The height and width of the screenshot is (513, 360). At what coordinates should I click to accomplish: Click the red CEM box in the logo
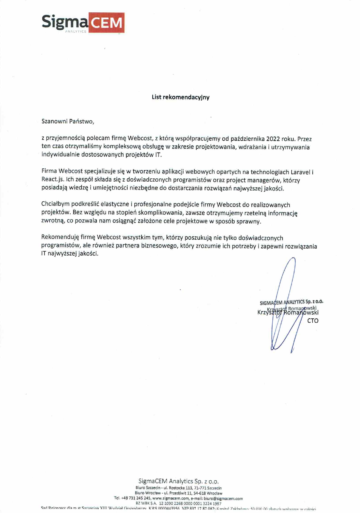tap(106, 23)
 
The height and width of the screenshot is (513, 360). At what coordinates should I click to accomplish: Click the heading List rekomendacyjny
tap(180, 97)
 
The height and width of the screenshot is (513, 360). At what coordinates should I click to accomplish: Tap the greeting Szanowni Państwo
tap(68, 121)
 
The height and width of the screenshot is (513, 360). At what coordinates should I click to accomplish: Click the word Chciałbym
tap(55, 205)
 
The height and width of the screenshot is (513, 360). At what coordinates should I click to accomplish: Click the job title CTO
tap(313, 320)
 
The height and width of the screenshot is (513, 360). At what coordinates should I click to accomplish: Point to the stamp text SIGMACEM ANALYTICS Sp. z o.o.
tap(291, 302)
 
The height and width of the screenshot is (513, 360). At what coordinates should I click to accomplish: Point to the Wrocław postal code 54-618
tap(200, 493)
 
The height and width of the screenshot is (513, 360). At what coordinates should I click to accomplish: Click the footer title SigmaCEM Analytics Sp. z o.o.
tap(179, 481)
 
